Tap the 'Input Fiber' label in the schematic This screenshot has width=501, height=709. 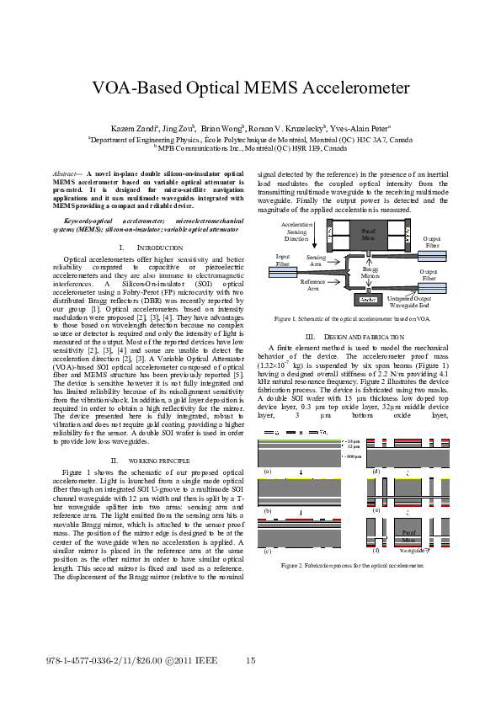[x=284, y=260]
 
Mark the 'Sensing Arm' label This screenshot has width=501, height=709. [x=317, y=260]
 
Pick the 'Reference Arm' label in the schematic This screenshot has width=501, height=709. [x=312, y=285]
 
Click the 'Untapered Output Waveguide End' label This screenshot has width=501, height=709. [x=412, y=301]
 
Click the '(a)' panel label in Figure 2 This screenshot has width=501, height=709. [x=268, y=472]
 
